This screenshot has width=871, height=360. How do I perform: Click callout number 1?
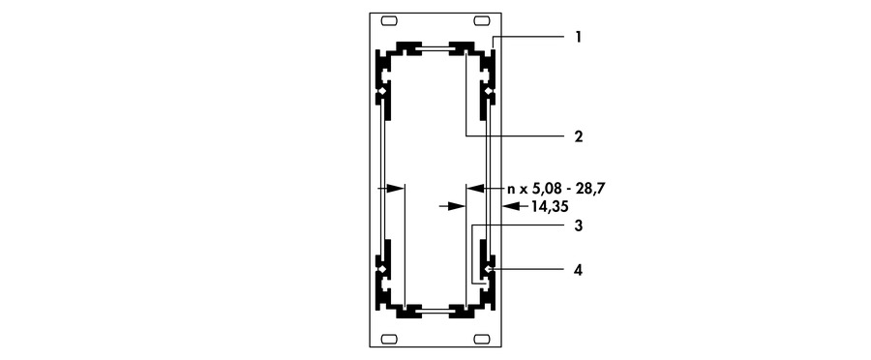coord(579,37)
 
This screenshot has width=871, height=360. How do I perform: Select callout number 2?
coord(579,136)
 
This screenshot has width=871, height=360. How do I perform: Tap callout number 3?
coord(579,226)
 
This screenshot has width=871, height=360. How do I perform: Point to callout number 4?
coord(579,271)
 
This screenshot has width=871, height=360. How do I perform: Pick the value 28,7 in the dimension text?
coord(591,189)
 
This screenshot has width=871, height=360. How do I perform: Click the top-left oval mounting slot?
coord(389,21)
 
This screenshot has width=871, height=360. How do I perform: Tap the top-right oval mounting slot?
coord(481,21)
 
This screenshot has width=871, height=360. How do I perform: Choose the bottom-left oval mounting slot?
coord(389,339)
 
